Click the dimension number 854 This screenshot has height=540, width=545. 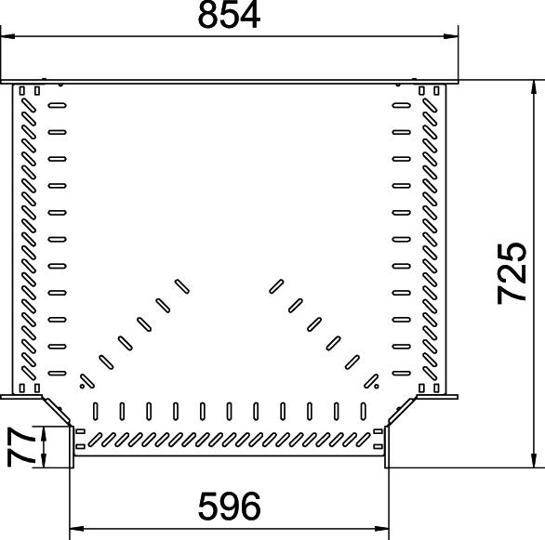229,15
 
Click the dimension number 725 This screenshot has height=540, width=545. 512,273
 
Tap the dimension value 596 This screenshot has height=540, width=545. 229,506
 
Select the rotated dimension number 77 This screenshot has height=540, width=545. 20,446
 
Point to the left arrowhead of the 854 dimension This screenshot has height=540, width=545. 7,36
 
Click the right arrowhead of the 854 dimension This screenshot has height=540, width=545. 451,36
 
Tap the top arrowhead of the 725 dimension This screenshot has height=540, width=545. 534,86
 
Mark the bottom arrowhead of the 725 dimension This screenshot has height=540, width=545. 534,461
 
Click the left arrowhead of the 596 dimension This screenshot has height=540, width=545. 77,529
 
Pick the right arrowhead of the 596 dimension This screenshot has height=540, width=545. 382,529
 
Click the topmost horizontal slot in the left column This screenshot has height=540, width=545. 58,105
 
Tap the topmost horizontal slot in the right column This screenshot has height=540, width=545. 402,105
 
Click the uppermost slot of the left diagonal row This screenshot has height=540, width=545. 181,286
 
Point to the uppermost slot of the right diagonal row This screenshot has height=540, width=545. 276,286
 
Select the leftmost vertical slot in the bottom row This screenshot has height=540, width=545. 96,411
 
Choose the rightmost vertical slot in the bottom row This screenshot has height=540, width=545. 364,411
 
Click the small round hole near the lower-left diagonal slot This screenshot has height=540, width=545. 83,386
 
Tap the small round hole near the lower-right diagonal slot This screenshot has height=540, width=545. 377,386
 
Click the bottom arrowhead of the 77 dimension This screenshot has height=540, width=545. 44,461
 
